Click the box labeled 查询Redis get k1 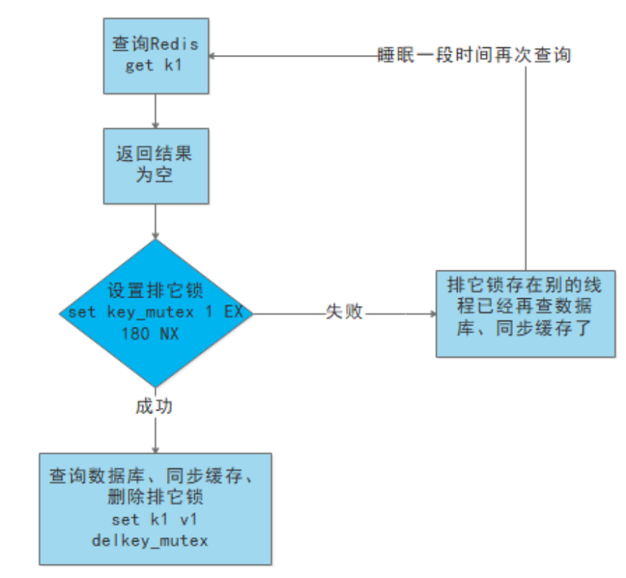click(156, 54)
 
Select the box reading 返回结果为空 click(156, 165)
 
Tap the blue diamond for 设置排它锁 click(155, 313)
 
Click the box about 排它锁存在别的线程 click(525, 313)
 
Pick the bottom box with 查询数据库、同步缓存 click(155, 508)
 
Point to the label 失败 click(345, 313)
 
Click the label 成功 click(154, 407)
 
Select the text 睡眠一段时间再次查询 click(474, 55)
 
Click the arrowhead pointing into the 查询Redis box click(213, 55)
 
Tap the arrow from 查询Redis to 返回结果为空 click(155, 111)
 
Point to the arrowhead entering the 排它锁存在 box click(432, 313)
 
